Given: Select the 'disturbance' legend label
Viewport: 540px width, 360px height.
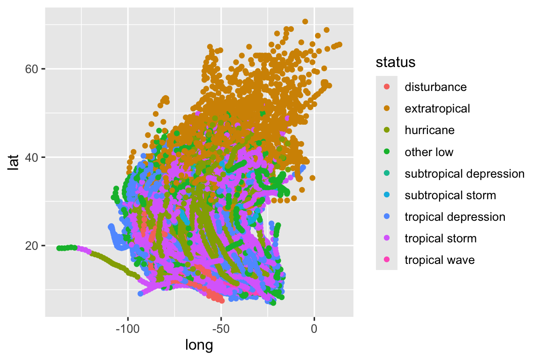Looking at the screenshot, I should pos(435,87).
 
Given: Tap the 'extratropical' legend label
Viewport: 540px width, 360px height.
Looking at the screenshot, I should pos(437,109).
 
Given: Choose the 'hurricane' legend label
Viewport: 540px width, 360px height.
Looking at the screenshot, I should pos(429,130).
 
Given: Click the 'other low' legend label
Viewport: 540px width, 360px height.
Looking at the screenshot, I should pos(429,152).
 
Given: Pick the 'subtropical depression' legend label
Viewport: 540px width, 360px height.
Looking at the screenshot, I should pos(464,173).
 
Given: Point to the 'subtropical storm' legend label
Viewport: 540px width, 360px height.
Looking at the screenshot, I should pos(450,195).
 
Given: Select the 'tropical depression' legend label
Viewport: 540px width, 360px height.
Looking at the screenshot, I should pos(455,217).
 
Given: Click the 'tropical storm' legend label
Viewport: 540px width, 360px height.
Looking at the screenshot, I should pos(441,238).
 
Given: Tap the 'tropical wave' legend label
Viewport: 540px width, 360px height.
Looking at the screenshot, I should pos(440,260).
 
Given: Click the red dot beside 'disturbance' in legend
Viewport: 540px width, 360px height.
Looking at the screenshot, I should pos(387,87).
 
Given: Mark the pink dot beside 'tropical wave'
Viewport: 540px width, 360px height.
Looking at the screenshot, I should pos(387,260).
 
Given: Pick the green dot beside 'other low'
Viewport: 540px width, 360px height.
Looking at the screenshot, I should pos(387,152).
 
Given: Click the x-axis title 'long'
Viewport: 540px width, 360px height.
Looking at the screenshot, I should pos(199,345).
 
